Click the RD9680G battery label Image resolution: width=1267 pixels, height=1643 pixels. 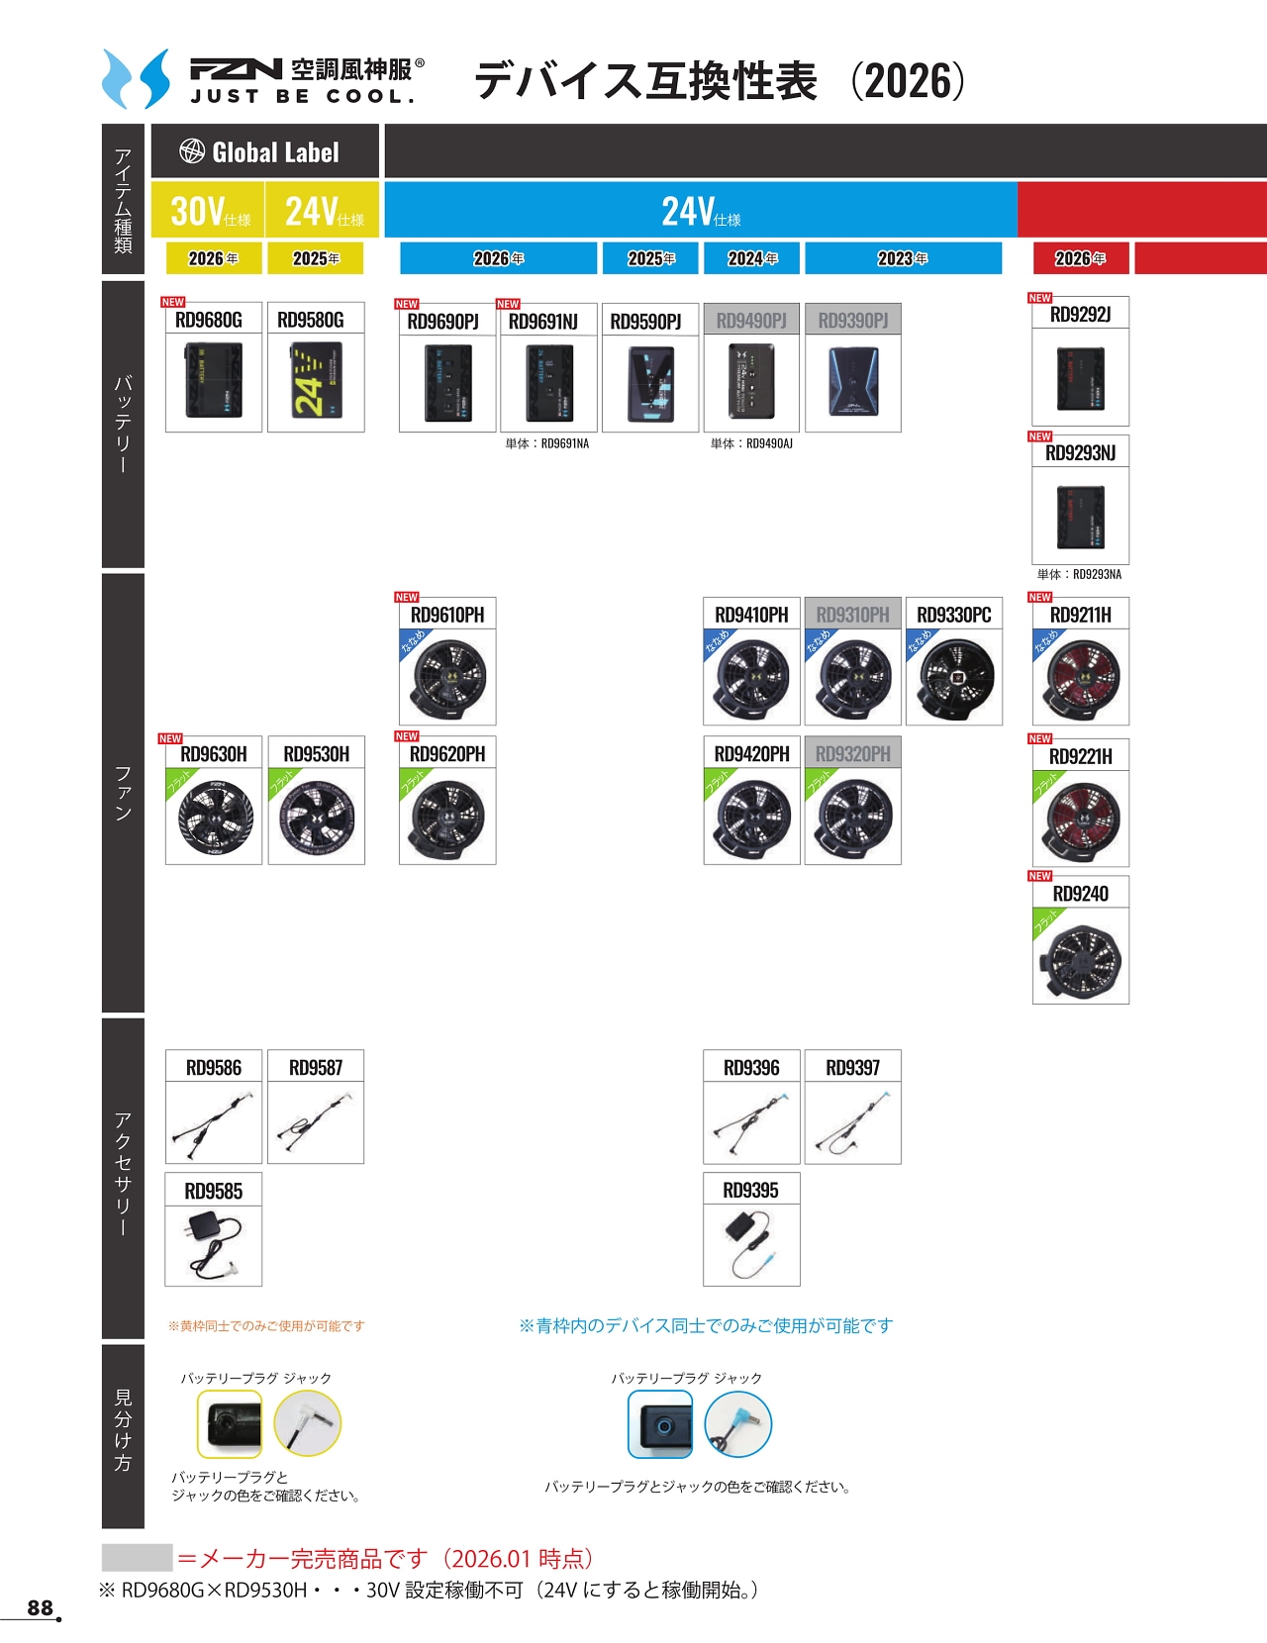point(209,320)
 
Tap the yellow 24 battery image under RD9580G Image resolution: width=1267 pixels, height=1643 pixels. point(316,381)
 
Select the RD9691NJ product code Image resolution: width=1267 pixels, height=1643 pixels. point(542,322)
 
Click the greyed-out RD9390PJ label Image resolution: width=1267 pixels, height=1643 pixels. point(853,321)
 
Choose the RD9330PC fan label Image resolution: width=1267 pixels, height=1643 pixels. point(953,615)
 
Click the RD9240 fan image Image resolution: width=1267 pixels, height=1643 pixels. point(1080,957)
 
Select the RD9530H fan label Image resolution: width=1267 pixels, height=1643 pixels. point(316,754)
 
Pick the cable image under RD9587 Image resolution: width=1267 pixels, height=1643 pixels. point(316,1123)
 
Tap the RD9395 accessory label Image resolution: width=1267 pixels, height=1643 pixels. point(750,1190)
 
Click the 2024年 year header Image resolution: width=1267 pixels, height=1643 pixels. point(752,258)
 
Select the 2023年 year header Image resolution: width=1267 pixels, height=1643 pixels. point(903,258)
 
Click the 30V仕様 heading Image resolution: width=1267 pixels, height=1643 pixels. point(209,211)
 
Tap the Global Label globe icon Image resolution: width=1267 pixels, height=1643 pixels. point(192,151)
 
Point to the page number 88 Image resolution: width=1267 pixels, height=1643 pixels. point(41,1607)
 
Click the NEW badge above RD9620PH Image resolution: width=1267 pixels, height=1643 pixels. point(407,736)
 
